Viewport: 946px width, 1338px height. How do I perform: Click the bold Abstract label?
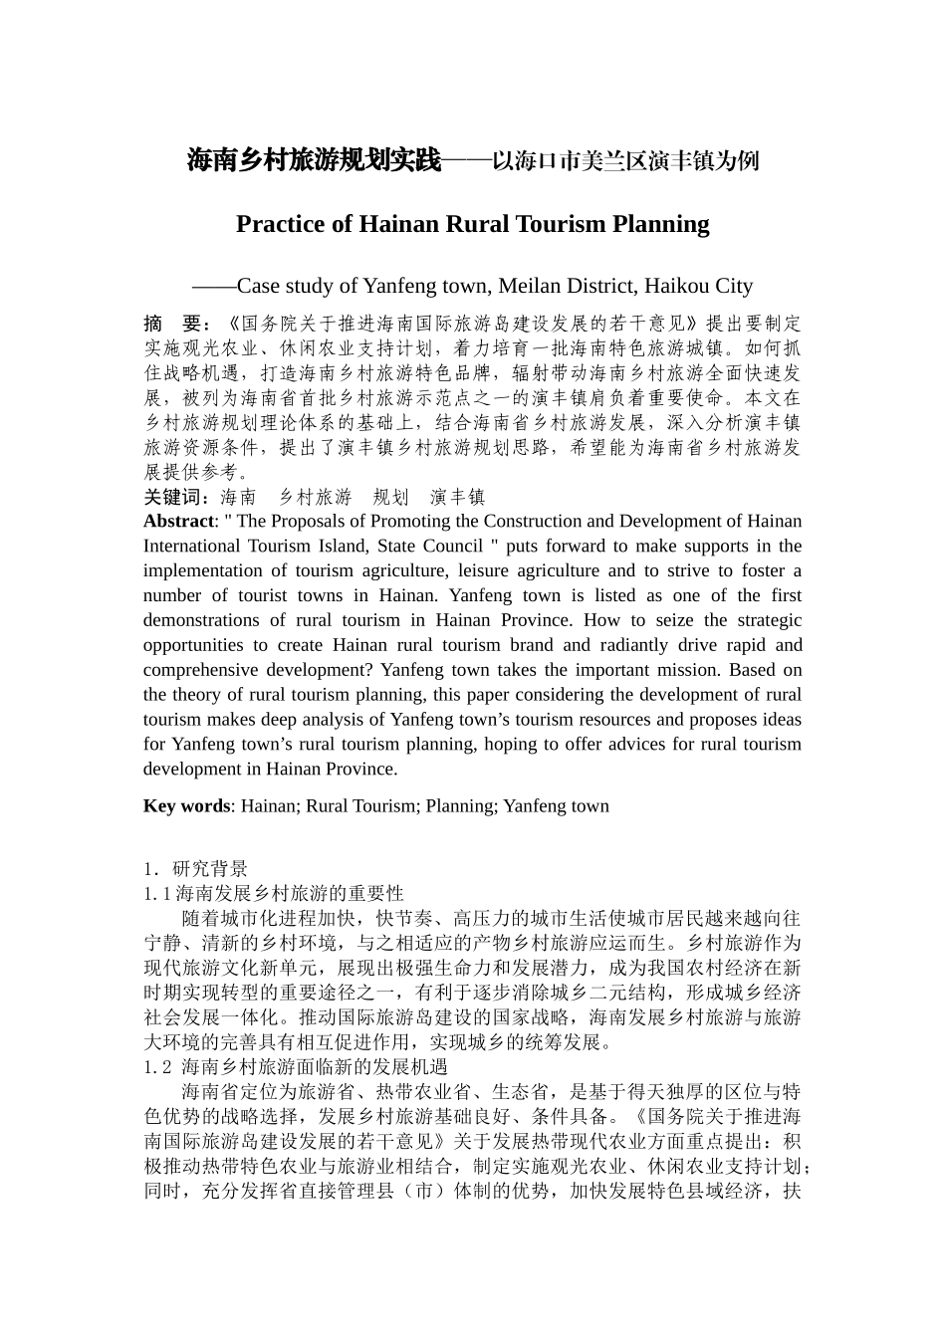(x=178, y=522)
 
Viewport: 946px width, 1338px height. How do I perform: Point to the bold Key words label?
(x=186, y=806)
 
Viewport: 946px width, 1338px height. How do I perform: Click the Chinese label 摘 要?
(x=173, y=324)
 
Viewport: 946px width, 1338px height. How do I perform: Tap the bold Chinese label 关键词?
(x=175, y=497)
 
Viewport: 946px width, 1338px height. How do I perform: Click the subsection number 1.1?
(x=156, y=893)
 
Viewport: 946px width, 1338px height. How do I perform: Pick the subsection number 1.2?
(x=157, y=1067)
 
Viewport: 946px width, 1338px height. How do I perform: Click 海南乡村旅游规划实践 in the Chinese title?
(x=314, y=160)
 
